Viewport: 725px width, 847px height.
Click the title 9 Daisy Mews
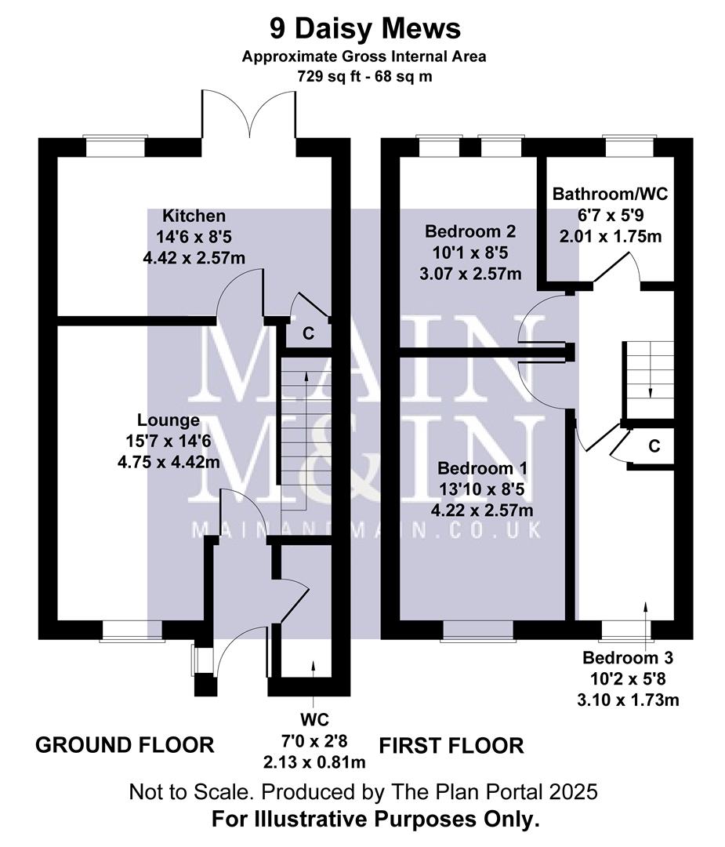[x=364, y=29]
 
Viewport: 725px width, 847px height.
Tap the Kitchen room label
[x=194, y=216]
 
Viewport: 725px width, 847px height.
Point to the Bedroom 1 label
[x=482, y=468]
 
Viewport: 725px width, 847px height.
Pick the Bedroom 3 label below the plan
[x=628, y=658]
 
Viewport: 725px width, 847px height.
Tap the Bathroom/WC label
[x=610, y=194]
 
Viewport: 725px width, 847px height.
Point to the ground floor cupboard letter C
[x=308, y=333]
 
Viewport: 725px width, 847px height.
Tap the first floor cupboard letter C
[x=654, y=446]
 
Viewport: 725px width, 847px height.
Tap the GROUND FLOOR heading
[x=125, y=744]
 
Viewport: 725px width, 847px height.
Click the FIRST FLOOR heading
[x=451, y=744]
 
